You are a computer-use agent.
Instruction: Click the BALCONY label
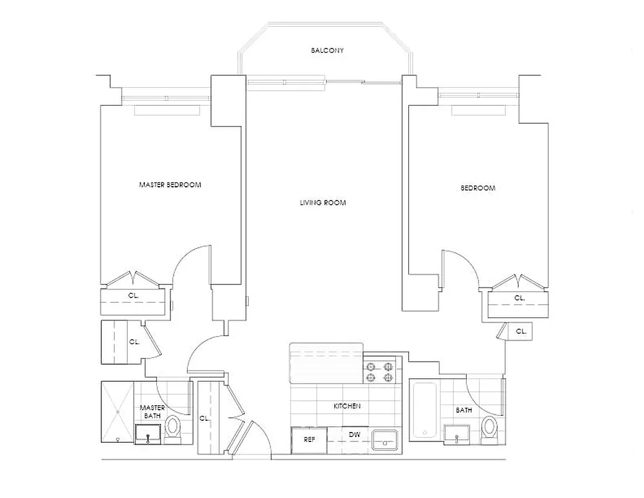327,50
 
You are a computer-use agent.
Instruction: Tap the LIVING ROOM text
322,203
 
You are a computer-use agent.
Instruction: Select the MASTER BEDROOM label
170,185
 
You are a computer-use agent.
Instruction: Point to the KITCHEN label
347,406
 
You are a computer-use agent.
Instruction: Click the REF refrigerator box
309,439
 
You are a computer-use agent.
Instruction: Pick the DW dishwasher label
354,435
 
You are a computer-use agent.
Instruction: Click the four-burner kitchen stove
380,372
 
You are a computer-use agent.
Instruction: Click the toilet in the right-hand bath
490,429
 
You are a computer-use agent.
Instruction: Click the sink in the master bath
148,433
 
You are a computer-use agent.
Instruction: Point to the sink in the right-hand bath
457,433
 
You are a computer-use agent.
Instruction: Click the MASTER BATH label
152,411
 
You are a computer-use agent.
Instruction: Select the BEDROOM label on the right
478,188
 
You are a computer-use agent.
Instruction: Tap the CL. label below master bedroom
134,296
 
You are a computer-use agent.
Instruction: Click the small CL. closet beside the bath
520,332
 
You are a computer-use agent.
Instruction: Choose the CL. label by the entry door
204,419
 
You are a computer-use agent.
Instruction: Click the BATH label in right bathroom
464,410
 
